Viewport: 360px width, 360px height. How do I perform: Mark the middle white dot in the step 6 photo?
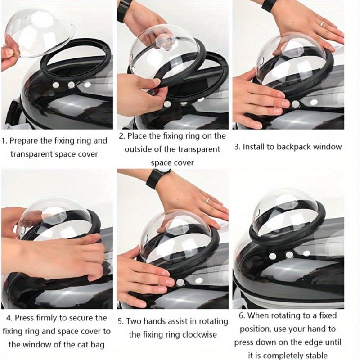click(x=289, y=254)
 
